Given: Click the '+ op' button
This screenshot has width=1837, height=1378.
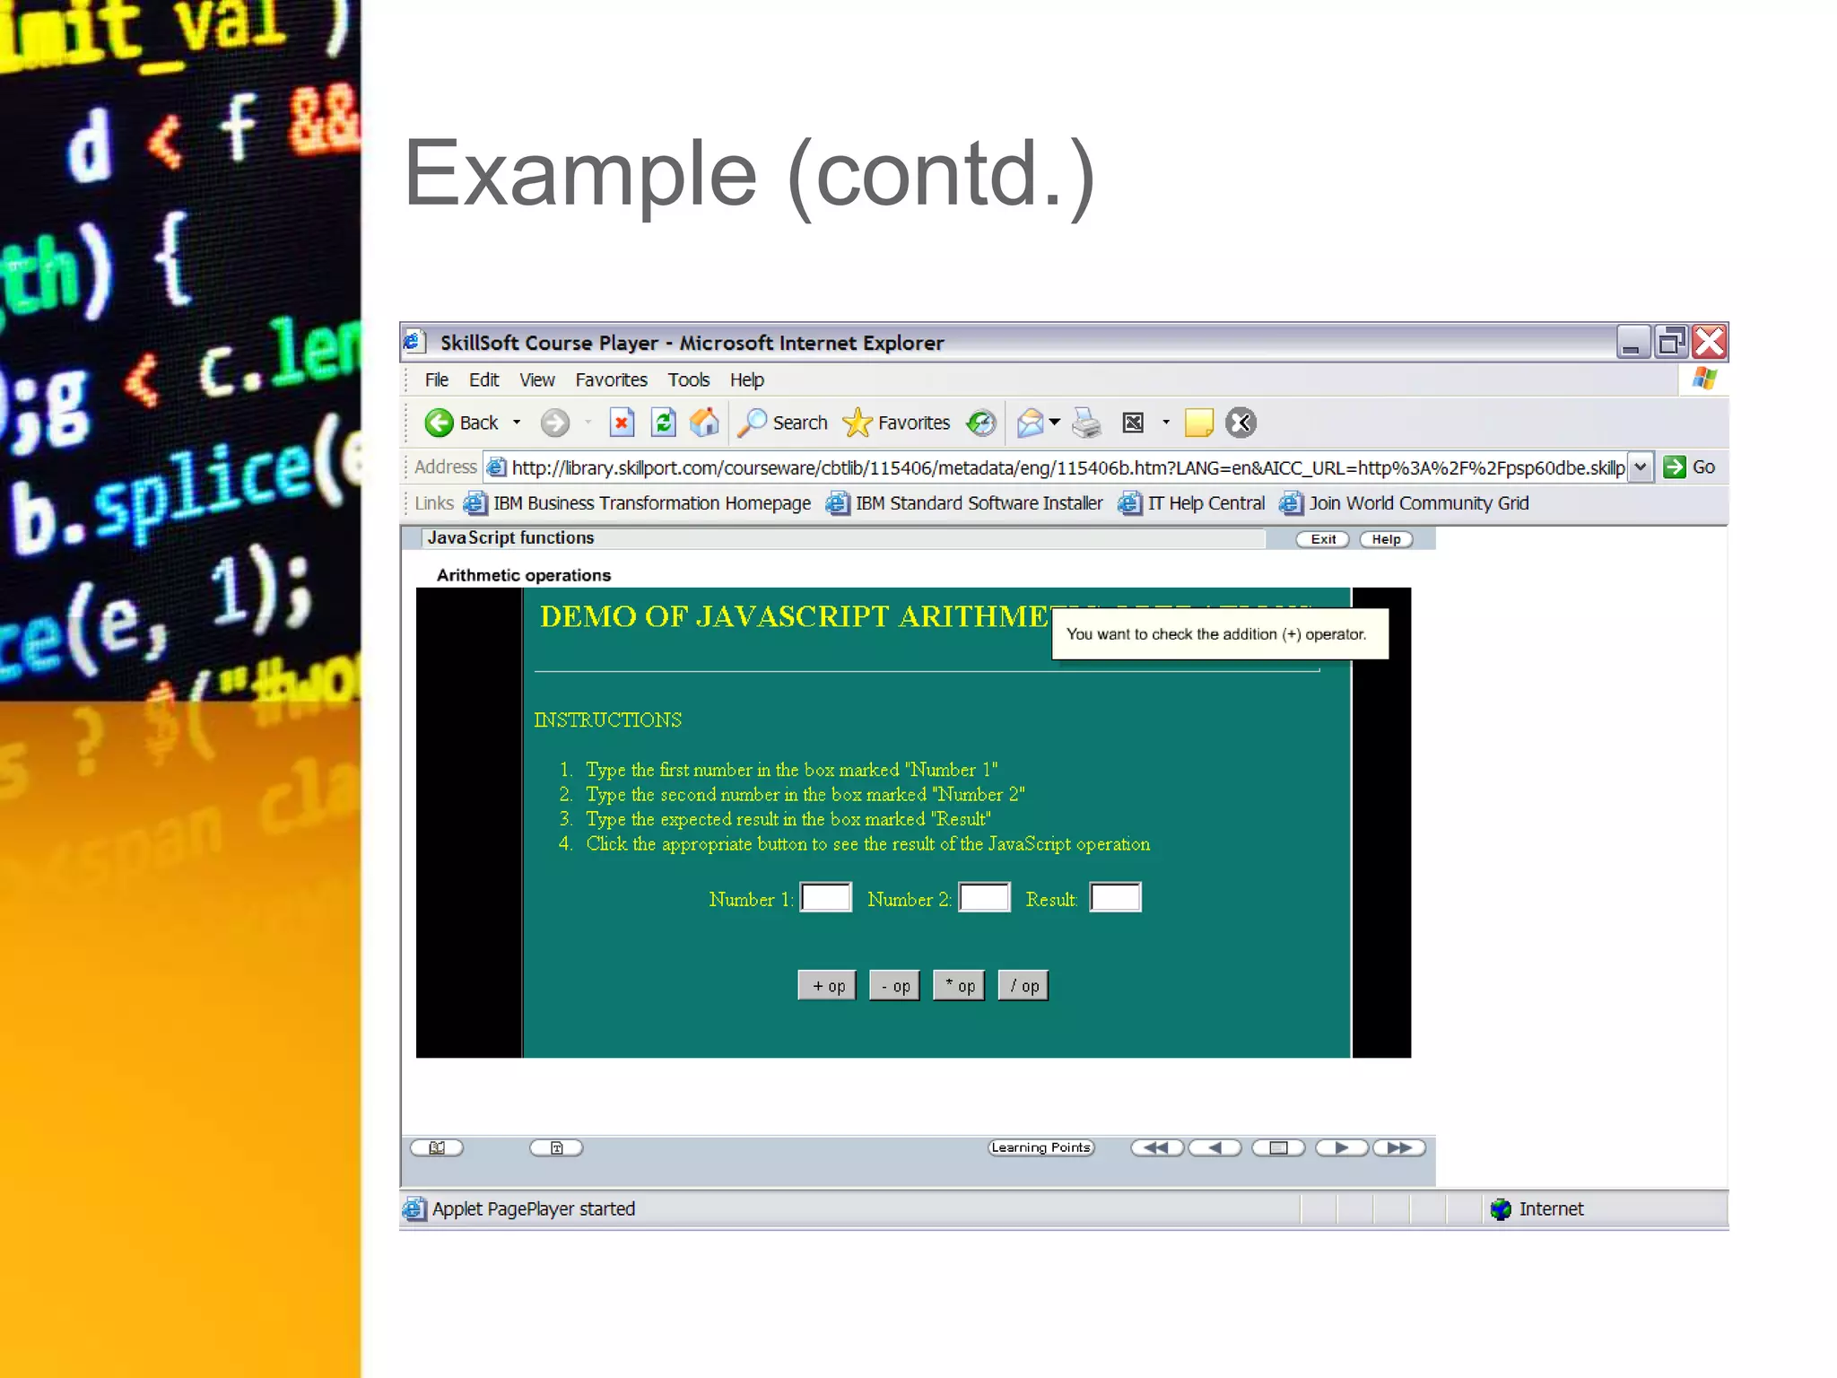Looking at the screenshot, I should point(827,985).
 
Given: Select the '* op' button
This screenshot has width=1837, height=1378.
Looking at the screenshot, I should point(959,985).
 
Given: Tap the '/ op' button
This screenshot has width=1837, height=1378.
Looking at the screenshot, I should point(1023,985).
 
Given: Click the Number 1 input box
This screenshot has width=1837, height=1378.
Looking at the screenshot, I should point(825,898).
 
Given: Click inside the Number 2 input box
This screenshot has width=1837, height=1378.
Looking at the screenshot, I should point(984,898).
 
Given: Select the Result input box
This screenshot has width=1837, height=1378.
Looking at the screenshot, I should point(1115,898).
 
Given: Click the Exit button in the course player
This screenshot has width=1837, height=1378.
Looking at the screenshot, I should point(1322,539).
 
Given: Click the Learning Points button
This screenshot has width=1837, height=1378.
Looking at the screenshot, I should point(1040,1147).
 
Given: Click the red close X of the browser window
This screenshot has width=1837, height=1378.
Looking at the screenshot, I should point(1710,342).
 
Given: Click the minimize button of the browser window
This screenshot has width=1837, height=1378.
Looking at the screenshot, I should point(1632,342).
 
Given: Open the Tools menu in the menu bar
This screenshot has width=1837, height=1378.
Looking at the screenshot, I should point(688,380).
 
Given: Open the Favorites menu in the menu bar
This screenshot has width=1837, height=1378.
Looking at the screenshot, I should point(611,380).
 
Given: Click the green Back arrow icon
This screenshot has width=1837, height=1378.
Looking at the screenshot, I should point(439,423).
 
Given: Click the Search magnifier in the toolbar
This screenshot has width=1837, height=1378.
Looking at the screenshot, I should point(753,423).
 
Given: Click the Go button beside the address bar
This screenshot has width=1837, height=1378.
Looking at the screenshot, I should point(1689,467).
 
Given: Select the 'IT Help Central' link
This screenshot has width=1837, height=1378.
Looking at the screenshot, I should point(1205,503).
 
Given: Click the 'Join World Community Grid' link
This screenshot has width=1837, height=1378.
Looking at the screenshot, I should point(1417,503).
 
